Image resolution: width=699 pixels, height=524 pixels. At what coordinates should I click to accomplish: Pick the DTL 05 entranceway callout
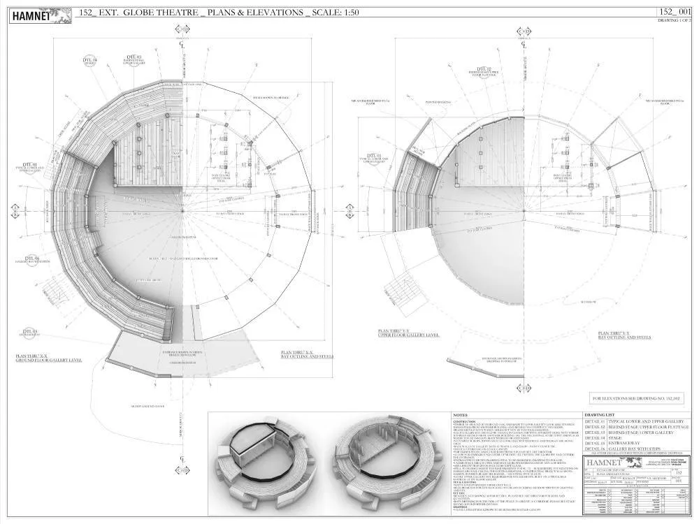click(30, 333)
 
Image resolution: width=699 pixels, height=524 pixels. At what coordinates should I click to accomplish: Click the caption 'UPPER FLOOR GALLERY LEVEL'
click(409, 335)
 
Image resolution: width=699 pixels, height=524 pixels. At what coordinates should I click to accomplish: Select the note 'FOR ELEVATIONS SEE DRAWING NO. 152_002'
click(637, 398)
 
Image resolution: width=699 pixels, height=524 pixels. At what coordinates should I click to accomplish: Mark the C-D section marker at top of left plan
click(182, 29)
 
